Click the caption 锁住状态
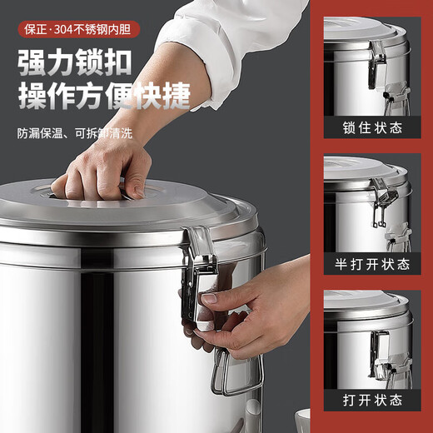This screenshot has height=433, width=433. [372, 127]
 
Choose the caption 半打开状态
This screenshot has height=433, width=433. [372, 264]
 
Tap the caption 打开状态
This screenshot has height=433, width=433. [372, 400]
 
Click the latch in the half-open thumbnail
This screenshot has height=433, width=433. [379, 200]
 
